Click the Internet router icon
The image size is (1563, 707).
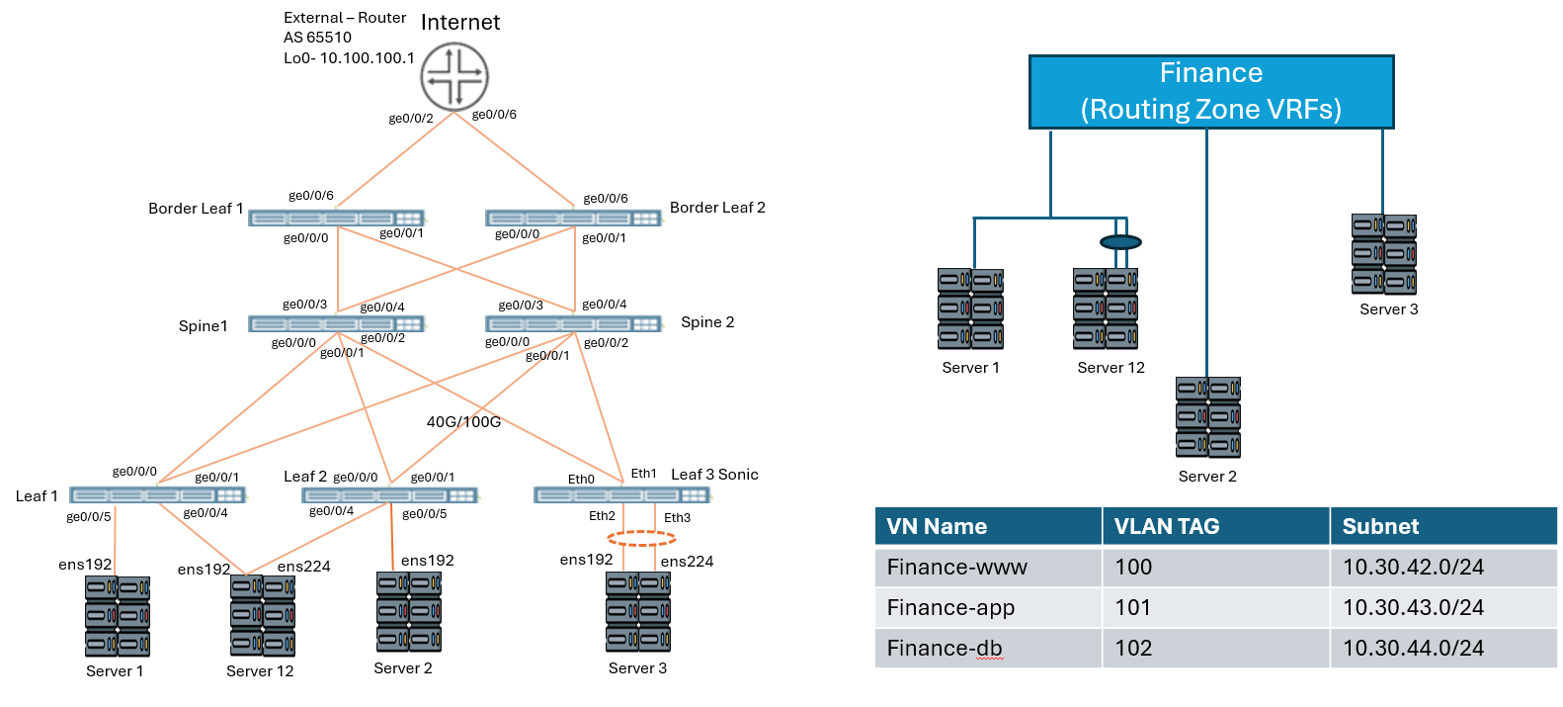[x=454, y=76]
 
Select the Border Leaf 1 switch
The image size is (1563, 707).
[x=336, y=218]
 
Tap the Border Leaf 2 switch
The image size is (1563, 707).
[x=573, y=218]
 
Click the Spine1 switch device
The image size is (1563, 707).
[x=336, y=323]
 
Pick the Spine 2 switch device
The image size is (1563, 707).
[x=573, y=323]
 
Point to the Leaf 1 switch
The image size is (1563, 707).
[x=157, y=494]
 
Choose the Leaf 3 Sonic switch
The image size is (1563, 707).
[x=621, y=494]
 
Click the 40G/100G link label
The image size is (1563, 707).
[x=463, y=422]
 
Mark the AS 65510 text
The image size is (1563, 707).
[x=317, y=38]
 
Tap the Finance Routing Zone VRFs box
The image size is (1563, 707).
[x=1211, y=91]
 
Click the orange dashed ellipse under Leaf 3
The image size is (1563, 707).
[x=641, y=539]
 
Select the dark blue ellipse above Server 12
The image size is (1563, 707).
[x=1120, y=242]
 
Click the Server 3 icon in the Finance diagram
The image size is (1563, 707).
[x=1384, y=254]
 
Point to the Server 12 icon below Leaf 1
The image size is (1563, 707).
[x=262, y=615]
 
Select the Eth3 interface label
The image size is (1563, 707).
[x=677, y=517]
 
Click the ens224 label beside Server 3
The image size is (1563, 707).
[x=687, y=562]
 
